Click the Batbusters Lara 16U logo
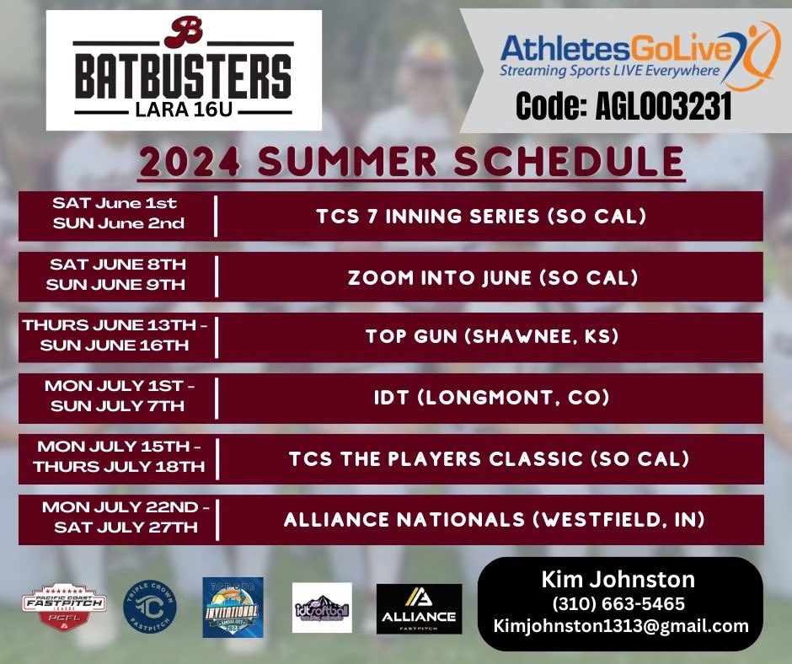(184, 70)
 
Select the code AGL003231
(623, 109)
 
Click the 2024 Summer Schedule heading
(411, 162)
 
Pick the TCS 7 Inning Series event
(481, 217)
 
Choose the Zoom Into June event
(481, 277)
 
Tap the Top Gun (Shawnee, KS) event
(481, 337)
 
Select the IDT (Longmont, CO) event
(481, 398)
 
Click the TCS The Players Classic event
(489, 459)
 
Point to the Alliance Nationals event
(494, 520)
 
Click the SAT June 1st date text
(115, 203)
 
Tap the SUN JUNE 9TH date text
(115, 285)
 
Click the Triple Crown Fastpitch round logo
(147, 605)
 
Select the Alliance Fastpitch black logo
(419, 608)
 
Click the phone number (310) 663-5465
(618, 603)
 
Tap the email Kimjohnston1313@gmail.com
(620, 626)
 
